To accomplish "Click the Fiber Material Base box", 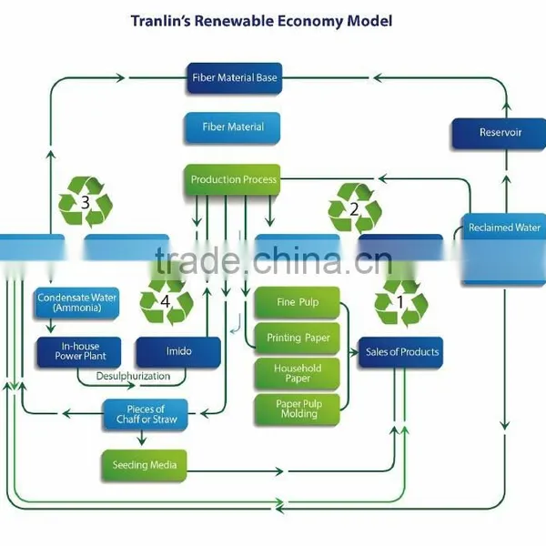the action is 235,78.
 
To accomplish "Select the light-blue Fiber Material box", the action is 233,127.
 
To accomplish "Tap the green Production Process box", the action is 233,179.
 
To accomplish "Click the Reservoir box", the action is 499,133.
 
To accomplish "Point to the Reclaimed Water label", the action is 504,227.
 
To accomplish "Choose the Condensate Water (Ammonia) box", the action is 76,303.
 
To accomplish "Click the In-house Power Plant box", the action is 79,351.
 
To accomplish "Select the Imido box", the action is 178,351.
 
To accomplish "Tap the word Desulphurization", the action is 133,376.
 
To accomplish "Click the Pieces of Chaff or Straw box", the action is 146,414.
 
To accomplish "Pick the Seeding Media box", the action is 144,465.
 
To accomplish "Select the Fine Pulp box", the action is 297,302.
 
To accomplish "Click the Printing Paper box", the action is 297,339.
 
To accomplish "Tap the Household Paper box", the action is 297,374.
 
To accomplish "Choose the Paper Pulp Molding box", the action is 297,409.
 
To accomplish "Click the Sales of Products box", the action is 400,352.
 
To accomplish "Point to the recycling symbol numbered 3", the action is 86,202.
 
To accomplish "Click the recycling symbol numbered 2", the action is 355,208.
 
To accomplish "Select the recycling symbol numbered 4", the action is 167,299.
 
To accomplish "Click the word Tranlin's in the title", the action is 160,21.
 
